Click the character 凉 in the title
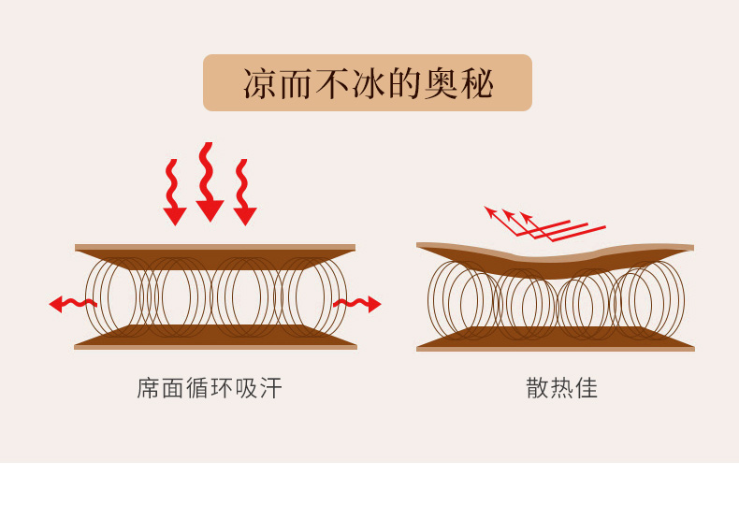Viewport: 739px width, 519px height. coord(259,83)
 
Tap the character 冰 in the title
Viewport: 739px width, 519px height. coord(368,83)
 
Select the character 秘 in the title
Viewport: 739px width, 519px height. coord(477,83)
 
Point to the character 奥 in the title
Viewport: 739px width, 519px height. coord(441,83)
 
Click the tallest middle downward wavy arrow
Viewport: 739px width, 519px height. coord(208,181)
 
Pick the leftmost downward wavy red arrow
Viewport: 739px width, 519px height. coord(173,192)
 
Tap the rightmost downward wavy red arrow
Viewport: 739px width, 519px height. coord(243,192)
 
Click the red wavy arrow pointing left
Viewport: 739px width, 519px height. coord(73,303)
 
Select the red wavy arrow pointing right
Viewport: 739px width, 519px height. coord(356,303)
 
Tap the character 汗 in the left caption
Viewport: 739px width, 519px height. coord(270,388)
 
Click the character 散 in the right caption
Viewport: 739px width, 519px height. coord(538,388)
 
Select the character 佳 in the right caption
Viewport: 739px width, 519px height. coord(587,388)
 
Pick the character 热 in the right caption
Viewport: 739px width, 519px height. coord(562,388)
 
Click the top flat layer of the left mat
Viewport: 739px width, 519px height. coord(215,253)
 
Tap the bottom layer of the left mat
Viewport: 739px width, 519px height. coord(215,339)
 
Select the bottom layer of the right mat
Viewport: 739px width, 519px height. coord(556,340)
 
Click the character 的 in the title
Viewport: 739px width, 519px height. coord(404,83)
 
